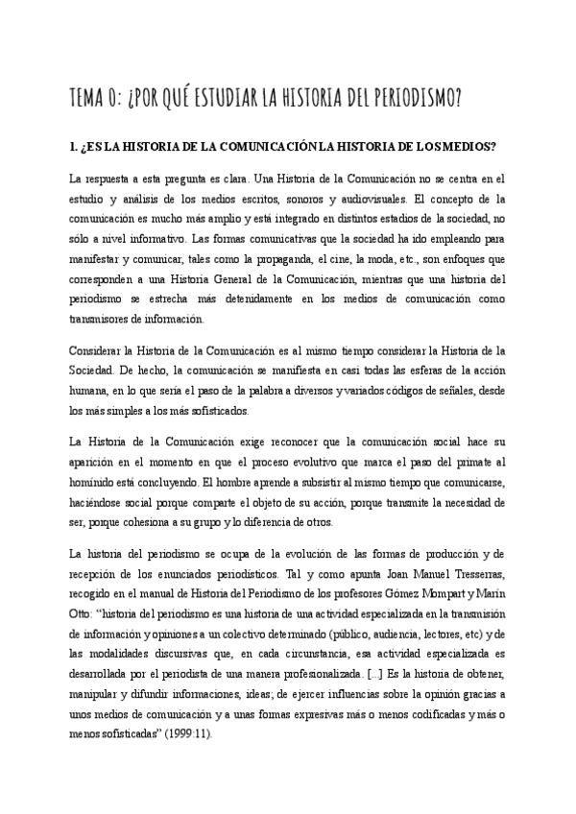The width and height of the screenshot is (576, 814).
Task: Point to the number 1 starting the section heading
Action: pyautogui.click(x=72, y=147)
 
